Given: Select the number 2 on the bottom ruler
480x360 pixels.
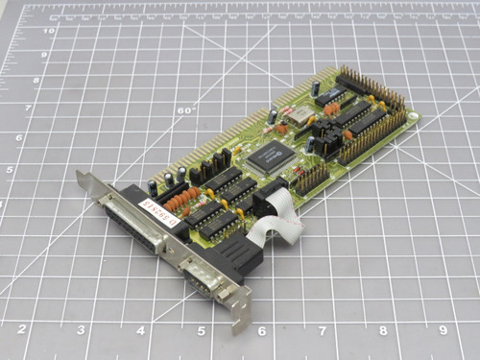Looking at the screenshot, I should coord(22,329).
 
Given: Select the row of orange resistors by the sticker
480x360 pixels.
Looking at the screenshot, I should coord(182,201).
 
